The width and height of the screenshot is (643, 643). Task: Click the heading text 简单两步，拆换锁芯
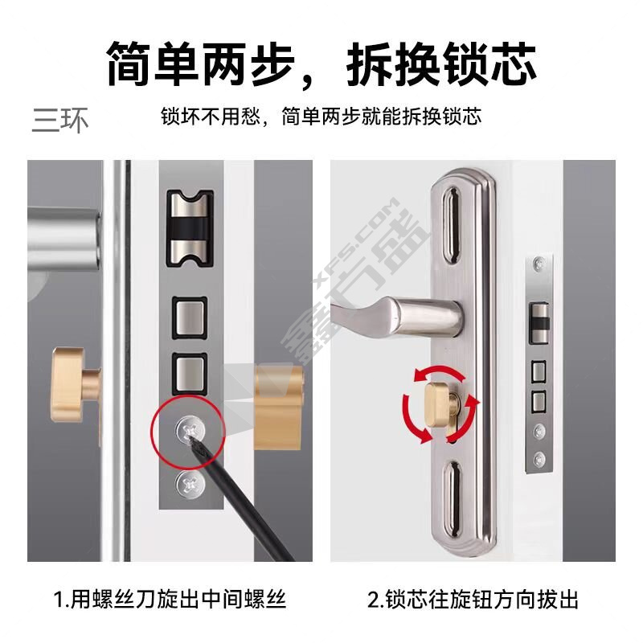point(321,64)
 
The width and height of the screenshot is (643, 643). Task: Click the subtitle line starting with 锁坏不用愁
point(321,117)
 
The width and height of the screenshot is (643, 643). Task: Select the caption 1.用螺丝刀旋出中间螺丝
point(170,599)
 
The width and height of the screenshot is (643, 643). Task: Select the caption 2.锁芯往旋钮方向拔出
point(473,599)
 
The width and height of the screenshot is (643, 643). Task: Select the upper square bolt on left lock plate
point(189,318)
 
